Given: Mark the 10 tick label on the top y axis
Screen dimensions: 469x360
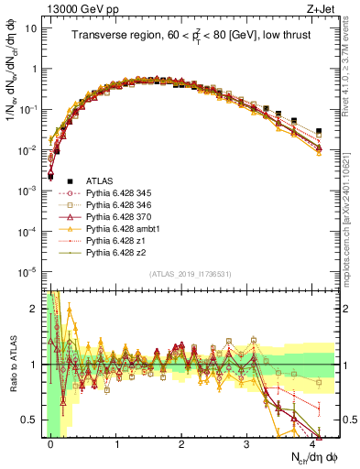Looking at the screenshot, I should coord(30,28).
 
